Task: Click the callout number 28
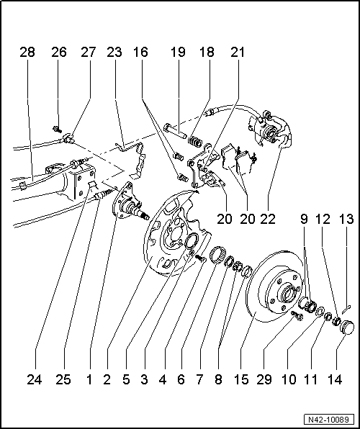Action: tap(27, 53)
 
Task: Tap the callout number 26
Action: tap(58, 53)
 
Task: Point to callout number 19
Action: tap(178, 53)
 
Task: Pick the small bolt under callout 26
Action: tap(55, 130)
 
